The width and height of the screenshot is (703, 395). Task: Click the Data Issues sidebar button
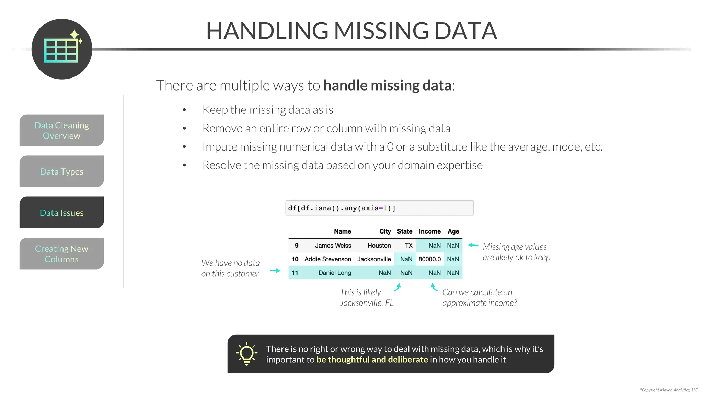pos(61,213)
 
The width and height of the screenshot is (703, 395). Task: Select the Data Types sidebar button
pos(61,171)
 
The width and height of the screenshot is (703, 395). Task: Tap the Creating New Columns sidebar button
pos(61,254)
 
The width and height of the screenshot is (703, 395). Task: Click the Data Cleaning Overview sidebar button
pos(61,130)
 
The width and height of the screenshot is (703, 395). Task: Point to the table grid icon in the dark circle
pos(61,50)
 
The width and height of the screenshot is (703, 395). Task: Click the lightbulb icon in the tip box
pos(246,354)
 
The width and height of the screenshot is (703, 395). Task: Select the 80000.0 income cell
pos(429,259)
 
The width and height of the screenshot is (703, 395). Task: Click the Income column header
pos(429,231)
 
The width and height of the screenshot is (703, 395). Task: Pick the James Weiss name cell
pos(333,246)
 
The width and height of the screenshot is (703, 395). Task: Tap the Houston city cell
pos(379,246)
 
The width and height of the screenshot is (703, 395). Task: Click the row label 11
pos(295,273)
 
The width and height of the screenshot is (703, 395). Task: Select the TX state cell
pos(408,246)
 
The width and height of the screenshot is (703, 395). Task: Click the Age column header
pos(453,231)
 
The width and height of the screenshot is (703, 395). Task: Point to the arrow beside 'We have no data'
pos(275,271)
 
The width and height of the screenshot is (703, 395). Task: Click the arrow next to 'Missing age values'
pos(473,245)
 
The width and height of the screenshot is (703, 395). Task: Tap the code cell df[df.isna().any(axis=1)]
pos(379,208)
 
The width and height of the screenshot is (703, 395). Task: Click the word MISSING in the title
pos(381,31)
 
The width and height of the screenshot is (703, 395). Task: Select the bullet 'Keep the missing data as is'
pos(268,110)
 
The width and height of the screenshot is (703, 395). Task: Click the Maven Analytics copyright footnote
pos(669,390)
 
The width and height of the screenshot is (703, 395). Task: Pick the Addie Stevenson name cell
pos(327,259)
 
